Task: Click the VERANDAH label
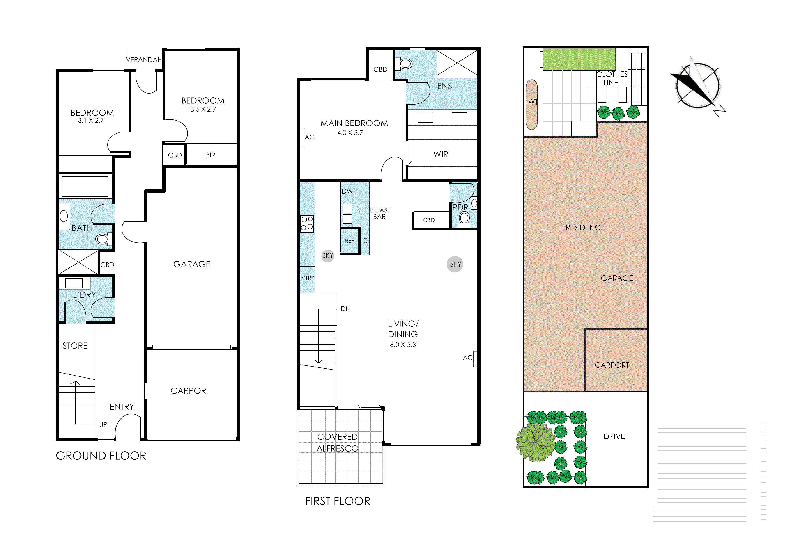[144, 60]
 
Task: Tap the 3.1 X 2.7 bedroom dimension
[91, 121]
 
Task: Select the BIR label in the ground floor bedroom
[211, 155]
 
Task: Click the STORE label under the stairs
[75, 346]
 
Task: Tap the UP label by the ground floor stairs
[103, 425]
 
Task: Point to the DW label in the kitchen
[347, 191]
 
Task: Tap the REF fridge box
[349, 241]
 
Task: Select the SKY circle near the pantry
[328, 256]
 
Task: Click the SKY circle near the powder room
[455, 264]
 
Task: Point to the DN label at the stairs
[345, 309]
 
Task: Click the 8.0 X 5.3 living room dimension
[403, 345]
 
